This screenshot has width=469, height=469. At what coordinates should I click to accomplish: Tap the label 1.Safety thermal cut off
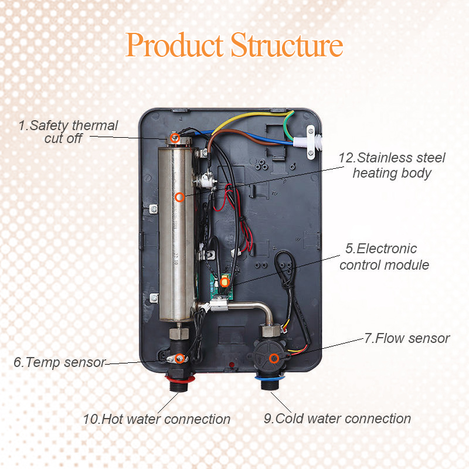click(67, 132)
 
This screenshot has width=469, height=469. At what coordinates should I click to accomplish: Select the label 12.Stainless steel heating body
click(392, 165)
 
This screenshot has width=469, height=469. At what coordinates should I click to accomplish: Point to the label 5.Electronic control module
click(384, 257)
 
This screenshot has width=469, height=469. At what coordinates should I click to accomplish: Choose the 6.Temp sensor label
click(59, 362)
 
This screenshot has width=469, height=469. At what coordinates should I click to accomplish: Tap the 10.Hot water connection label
click(157, 419)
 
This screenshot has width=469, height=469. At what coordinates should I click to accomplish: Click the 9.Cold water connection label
click(337, 419)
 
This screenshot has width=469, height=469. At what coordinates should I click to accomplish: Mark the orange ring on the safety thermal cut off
click(175, 138)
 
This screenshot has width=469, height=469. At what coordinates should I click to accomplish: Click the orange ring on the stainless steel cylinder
click(180, 197)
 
